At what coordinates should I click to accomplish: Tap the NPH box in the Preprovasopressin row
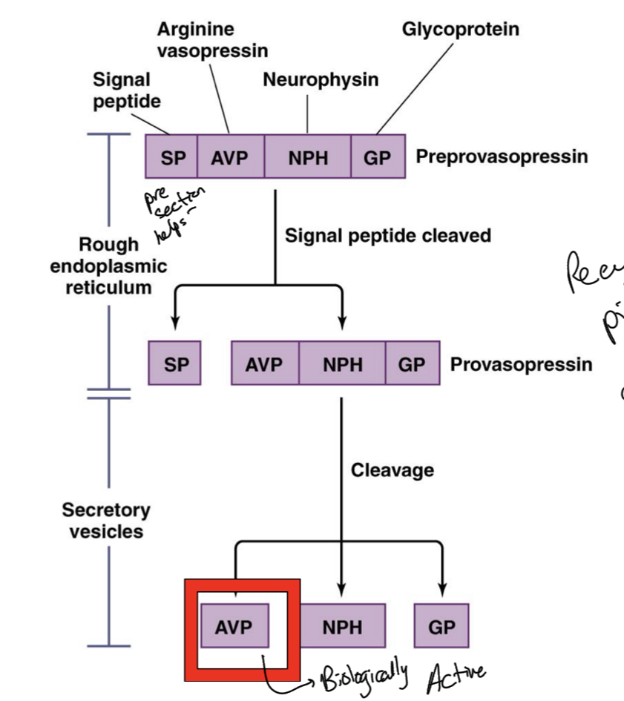point(307,157)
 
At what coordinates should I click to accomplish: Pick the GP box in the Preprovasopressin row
point(378,157)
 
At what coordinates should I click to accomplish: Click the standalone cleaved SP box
point(174,363)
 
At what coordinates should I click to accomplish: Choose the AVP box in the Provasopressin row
point(265,363)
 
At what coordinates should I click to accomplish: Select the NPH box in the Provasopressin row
point(342,363)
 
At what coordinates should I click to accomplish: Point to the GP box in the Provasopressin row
point(413,363)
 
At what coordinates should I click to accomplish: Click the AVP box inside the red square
point(234,626)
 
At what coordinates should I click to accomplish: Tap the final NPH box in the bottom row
point(342,626)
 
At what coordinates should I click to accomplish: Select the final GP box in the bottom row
point(441,626)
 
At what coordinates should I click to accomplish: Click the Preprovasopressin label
point(502,157)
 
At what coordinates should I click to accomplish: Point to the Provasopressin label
point(521,364)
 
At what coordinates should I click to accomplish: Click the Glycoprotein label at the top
point(460,30)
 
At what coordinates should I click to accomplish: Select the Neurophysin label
point(321,79)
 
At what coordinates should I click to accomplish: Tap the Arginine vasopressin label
point(212,40)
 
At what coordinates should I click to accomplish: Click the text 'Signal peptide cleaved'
point(388,236)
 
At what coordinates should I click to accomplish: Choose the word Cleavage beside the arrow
point(392,470)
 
